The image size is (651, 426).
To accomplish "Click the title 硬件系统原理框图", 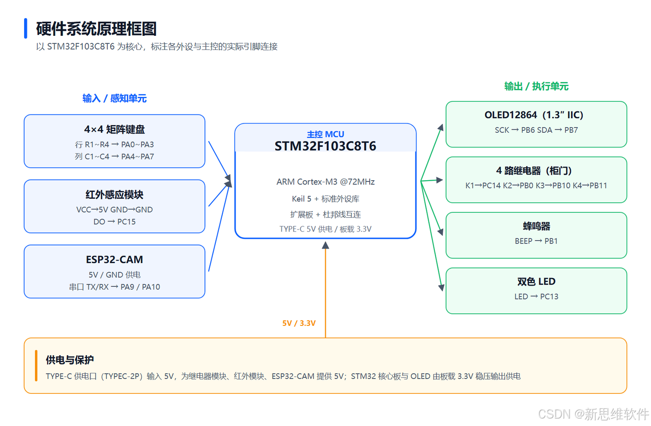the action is coord(96,29).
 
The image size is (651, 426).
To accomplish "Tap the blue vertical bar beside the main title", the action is coord(26,28).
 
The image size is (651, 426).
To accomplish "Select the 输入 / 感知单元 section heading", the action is coord(114,98).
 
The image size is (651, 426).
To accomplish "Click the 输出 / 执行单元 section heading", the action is coord(536,86).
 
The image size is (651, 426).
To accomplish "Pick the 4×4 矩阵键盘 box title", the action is coord(114,129).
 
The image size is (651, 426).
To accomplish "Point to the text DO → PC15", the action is coord(114,222).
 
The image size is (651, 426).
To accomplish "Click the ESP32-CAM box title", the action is coord(114,260).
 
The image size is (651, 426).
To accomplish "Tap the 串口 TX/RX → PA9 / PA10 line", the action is coord(114,287).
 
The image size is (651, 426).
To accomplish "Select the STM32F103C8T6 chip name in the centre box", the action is coord(325,146).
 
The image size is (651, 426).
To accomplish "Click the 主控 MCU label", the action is coord(325,134).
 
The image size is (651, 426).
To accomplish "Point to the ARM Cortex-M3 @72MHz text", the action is coord(325,182).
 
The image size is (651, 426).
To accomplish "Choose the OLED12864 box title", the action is coord(534,115).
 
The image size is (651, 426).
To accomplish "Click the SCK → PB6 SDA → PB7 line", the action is coord(536,130).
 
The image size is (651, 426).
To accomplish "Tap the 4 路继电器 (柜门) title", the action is coord(534,170).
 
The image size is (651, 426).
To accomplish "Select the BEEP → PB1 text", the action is coord(536,241).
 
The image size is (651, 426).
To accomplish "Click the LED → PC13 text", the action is coord(536,297).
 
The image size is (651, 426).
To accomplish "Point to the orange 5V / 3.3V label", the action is coord(299,323).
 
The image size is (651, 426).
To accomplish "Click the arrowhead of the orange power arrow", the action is coord(325,245).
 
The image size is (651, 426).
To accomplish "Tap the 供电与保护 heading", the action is coord(70,360).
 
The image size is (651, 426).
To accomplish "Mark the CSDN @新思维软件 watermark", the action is coord(593,414).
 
